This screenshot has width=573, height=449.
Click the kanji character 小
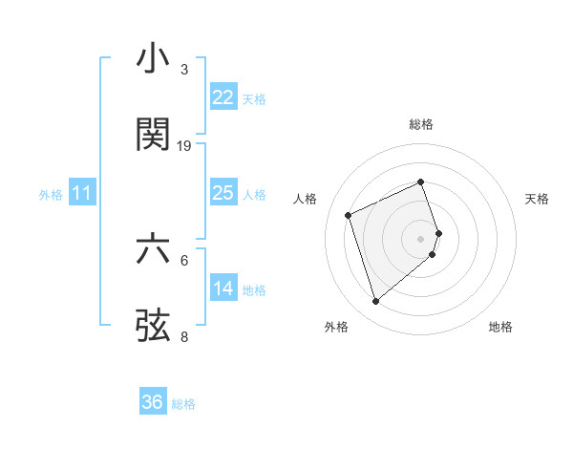click(154, 58)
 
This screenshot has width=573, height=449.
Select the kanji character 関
click(154, 134)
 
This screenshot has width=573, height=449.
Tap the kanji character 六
click(154, 249)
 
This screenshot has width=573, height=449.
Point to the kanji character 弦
click(154, 324)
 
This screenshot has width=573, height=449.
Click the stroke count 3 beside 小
click(184, 69)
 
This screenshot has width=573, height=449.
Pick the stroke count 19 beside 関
click(184, 145)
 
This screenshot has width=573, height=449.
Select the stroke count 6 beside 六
click(184, 260)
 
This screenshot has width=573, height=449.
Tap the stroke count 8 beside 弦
click(184, 335)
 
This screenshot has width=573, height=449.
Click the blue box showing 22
click(223, 97)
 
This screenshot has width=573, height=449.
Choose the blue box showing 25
click(223, 193)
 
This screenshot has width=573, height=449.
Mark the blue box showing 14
click(223, 288)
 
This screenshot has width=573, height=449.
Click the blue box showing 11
click(82, 194)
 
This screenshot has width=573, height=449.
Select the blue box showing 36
click(152, 402)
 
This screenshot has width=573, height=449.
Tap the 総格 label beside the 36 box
click(183, 404)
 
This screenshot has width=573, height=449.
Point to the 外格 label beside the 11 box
click(51, 195)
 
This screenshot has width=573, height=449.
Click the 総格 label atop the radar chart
click(421, 124)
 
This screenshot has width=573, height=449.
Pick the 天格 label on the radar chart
click(537, 199)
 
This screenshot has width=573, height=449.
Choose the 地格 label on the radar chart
click(500, 327)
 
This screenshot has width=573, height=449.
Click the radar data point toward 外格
click(375, 302)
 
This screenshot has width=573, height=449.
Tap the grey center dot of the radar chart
click(421, 237)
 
